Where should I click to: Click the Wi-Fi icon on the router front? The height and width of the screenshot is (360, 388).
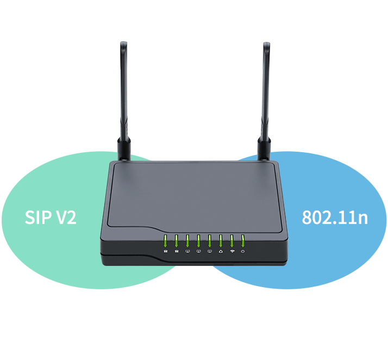click(232, 251)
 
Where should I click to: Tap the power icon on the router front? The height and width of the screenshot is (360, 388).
click(243, 251)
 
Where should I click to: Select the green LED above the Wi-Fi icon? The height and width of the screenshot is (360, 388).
click(232, 241)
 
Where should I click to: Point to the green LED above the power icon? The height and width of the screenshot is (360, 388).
click(243, 241)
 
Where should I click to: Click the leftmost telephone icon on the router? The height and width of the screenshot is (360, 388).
click(165, 251)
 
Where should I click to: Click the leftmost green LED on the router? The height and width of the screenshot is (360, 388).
click(165, 241)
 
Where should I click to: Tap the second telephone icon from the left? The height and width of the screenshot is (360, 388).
click(176, 251)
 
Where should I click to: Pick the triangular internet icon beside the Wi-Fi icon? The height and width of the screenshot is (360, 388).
click(221, 251)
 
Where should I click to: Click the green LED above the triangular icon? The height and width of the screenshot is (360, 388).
click(221, 241)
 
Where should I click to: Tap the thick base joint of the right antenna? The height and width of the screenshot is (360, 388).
click(265, 147)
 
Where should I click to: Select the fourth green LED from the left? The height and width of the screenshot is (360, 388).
click(198, 241)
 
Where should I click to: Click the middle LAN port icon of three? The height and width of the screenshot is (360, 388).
click(198, 251)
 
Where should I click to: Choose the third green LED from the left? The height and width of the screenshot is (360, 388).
click(187, 241)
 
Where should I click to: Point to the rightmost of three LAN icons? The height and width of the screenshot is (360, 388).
click(209, 251)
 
